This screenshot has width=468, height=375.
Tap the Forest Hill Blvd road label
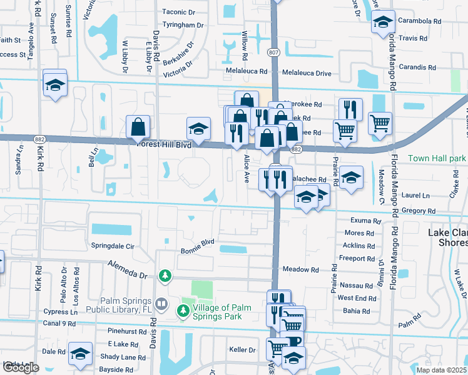click(165, 144)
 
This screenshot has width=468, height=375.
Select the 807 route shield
click(274, 51)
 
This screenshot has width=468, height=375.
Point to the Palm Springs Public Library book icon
click(161, 304)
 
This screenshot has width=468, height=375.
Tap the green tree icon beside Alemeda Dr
click(165, 275)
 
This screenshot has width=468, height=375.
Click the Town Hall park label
click(437, 159)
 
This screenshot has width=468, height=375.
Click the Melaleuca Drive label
click(306, 73)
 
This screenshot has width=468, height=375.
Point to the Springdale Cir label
click(113, 246)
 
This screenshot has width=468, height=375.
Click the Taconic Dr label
click(183, 12)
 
